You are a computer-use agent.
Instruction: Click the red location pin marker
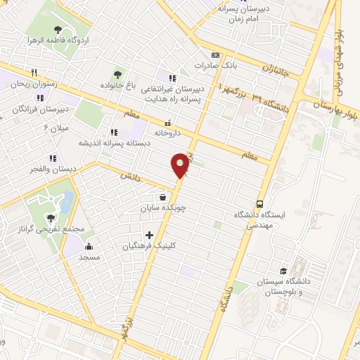181,165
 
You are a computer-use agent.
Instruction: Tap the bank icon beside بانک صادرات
215,56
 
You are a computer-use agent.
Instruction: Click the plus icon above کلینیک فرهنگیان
148,235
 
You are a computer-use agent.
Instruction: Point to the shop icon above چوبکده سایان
163,197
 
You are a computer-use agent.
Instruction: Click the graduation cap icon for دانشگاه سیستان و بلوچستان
283,271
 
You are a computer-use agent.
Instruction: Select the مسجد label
89,257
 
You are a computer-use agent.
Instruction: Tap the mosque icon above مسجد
89,246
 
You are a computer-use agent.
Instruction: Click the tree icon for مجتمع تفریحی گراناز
50,218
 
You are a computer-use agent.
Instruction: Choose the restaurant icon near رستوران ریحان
33,72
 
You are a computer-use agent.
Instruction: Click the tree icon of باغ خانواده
117,73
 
